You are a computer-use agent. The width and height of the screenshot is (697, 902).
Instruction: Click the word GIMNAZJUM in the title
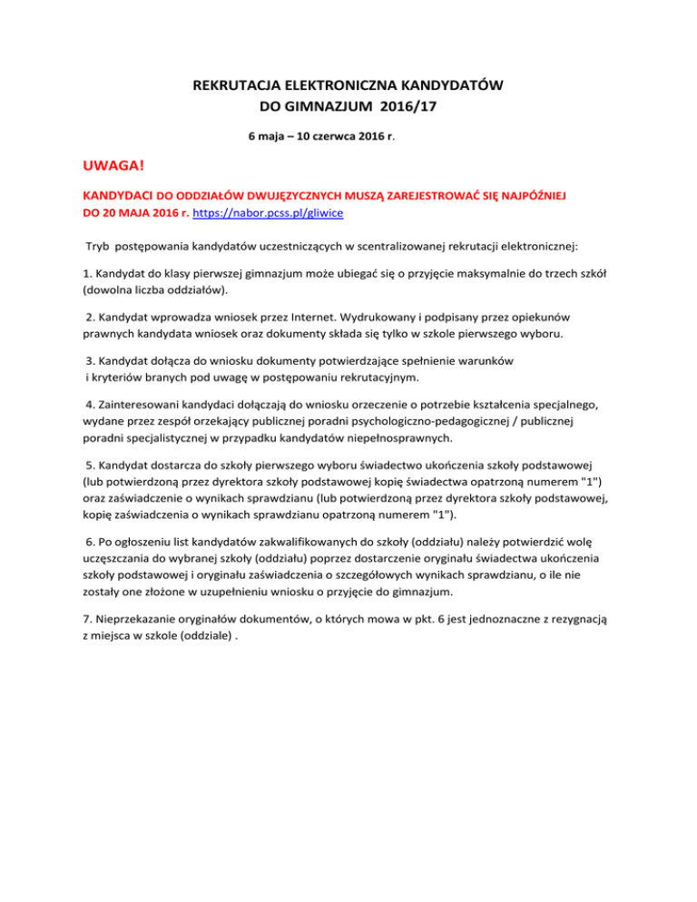point(341,107)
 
